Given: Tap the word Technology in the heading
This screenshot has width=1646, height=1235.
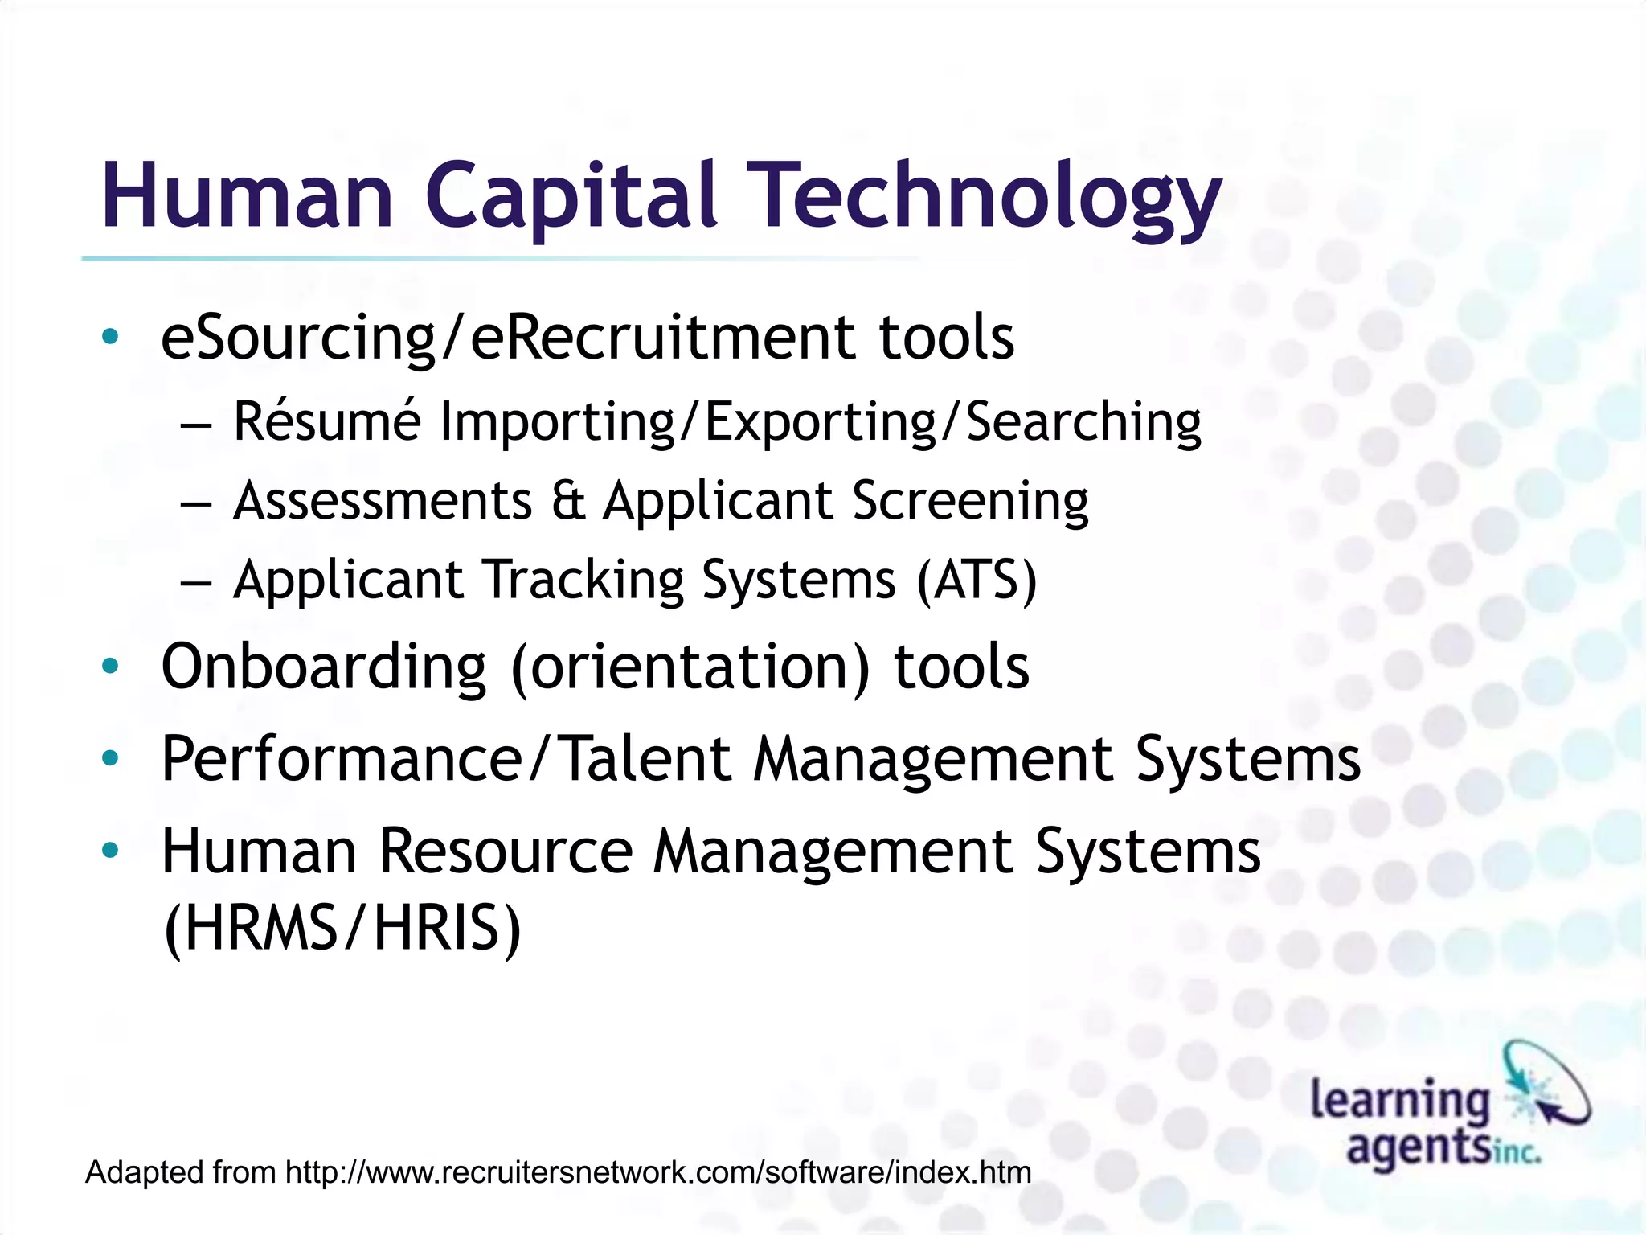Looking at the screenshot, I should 988,197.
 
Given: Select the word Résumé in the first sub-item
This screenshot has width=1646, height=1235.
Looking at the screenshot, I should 326,421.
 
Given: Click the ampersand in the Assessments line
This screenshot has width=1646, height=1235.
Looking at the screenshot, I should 568,501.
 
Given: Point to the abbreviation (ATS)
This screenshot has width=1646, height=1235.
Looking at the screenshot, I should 977,580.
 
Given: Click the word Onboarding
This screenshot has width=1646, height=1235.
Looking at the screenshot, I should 324,667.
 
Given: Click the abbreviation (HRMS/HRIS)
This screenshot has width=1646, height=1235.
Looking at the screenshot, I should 342,929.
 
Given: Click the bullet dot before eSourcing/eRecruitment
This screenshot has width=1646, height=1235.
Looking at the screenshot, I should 110,337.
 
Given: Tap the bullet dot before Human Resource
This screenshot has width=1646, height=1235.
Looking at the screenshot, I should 110,850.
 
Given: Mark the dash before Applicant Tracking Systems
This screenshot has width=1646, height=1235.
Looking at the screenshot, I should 196,581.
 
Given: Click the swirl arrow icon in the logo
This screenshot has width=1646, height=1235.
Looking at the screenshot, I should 1547,1081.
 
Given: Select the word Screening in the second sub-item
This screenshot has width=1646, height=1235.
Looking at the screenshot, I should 970,501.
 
